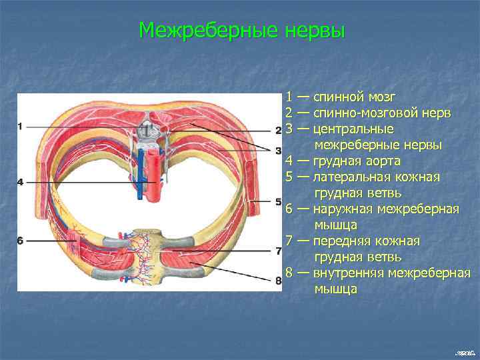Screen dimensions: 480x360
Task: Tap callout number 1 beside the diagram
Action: coord(20,126)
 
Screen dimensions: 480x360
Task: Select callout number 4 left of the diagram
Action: coord(20,182)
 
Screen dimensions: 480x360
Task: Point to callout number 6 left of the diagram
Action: coord(20,241)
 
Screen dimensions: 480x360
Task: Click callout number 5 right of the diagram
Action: coord(279,201)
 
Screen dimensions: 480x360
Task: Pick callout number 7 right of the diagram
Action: coord(279,251)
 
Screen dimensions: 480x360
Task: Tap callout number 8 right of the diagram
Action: coord(279,281)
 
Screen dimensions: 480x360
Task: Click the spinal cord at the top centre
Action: coord(148,125)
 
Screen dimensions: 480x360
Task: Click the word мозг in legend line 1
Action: coord(377,97)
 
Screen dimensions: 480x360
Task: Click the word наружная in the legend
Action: coord(343,209)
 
